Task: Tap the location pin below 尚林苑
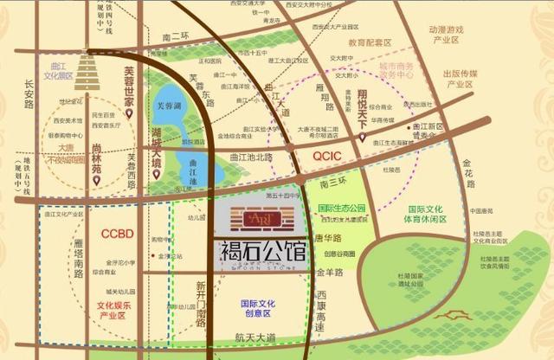tap(97, 183)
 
